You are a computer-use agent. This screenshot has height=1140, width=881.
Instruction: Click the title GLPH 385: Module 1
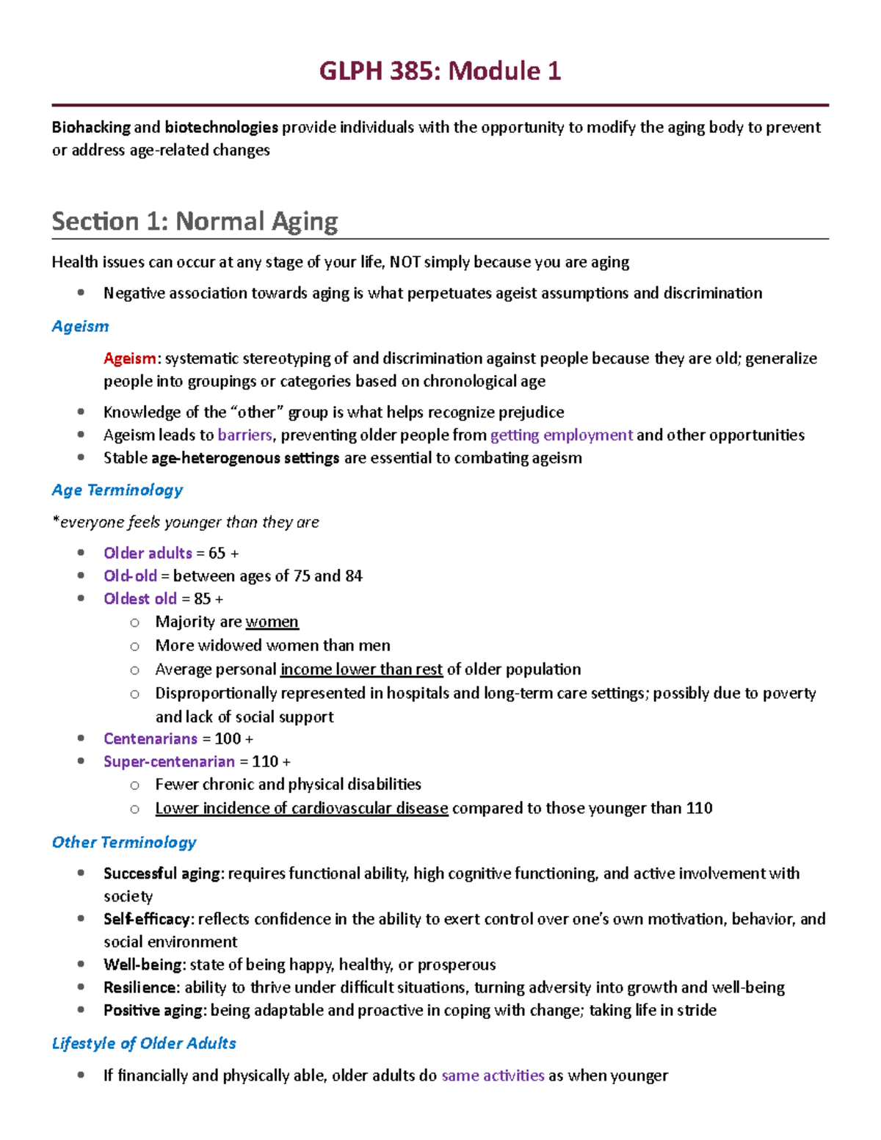pyautogui.click(x=440, y=71)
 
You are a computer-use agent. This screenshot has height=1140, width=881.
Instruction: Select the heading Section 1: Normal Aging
pyautogui.click(x=195, y=221)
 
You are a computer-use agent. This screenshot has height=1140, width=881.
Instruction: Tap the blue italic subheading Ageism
pyautogui.click(x=80, y=326)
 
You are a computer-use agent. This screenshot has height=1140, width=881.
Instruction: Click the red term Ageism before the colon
pyautogui.click(x=129, y=358)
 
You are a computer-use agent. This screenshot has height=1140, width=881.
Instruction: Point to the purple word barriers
pyautogui.click(x=244, y=435)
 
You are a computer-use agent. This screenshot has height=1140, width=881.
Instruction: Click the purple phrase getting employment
pyautogui.click(x=561, y=435)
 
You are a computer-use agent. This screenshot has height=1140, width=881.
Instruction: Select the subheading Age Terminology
pyautogui.click(x=117, y=490)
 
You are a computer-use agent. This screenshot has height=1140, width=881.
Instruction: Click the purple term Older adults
pyautogui.click(x=148, y=553)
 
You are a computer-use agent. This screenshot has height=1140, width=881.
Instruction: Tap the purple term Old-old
pyautogui.click(x=130, y=576)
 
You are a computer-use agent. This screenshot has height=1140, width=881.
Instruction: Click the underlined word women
pyautogui.click(x=272, y=622)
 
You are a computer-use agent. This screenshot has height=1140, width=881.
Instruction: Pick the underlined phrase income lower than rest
pyautogui.click(x=361, y=669)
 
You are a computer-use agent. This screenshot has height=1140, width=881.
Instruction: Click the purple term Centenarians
pyautogui.click(x=151, y=738)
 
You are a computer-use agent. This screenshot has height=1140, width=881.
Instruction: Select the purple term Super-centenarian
pyautogui.click(x=169, y=761)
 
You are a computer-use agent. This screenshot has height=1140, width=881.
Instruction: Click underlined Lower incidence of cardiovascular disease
pyautogui.click(x=301, y=808)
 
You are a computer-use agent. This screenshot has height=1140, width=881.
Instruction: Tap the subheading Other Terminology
pyautogui.click(x=124, y=842)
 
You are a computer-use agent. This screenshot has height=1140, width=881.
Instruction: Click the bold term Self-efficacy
pyautogui.click(x=148, y=919)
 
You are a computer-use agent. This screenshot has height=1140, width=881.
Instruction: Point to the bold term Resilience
pyautogui.click(x=140, y=987)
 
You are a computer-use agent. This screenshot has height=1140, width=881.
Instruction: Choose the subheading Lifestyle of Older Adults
pyautogui.click(x=144, y=1043)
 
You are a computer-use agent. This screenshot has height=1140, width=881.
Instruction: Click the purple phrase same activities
pyautogui.click(x=493, y=1075)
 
